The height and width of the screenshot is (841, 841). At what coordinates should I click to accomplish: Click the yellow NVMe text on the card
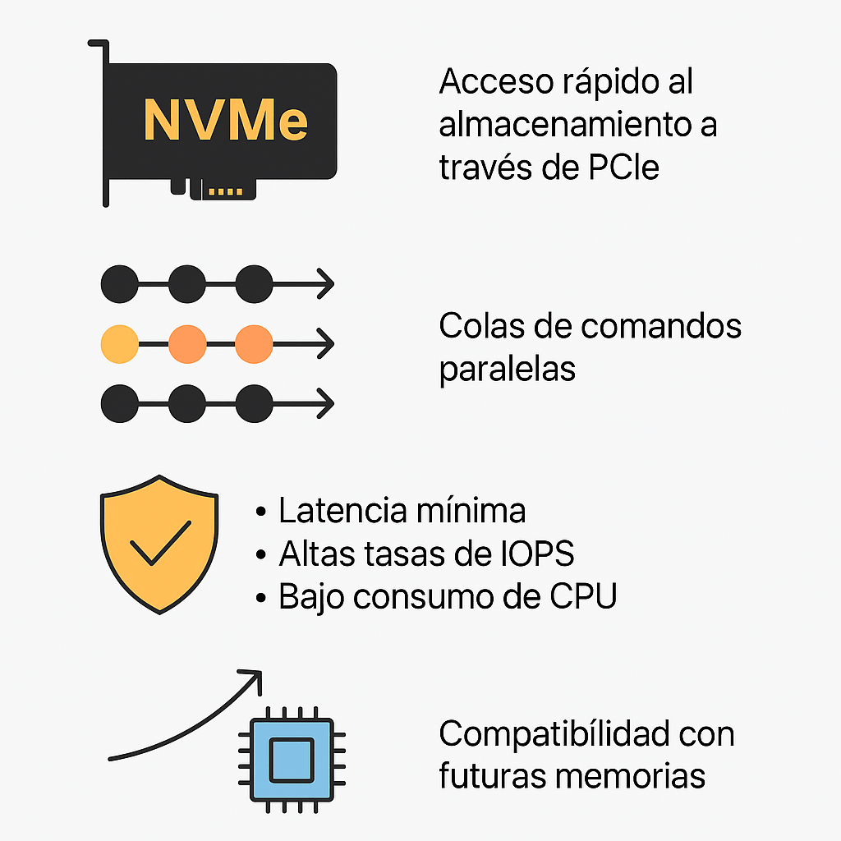click(225, 120)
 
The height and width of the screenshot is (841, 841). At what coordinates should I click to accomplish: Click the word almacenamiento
click(568, 125)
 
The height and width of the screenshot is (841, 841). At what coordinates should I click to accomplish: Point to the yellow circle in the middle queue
click(119, 344)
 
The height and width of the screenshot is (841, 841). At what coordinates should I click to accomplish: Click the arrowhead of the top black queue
click(327, 284)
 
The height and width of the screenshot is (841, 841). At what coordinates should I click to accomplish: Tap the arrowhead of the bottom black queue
click(327, 403)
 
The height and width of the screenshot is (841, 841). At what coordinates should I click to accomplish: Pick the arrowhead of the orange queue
click(327, 344)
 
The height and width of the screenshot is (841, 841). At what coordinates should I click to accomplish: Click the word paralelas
click(507, 368)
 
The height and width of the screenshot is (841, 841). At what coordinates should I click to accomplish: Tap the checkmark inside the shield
click(159, 542)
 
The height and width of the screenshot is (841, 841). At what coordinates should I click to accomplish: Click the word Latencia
click(339, 511)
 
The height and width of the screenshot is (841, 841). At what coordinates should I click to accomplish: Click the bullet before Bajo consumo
click(261, 598)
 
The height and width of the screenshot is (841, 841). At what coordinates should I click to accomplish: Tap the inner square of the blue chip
click(292, 755)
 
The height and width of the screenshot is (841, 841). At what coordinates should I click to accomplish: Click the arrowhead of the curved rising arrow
click(253, 678)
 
